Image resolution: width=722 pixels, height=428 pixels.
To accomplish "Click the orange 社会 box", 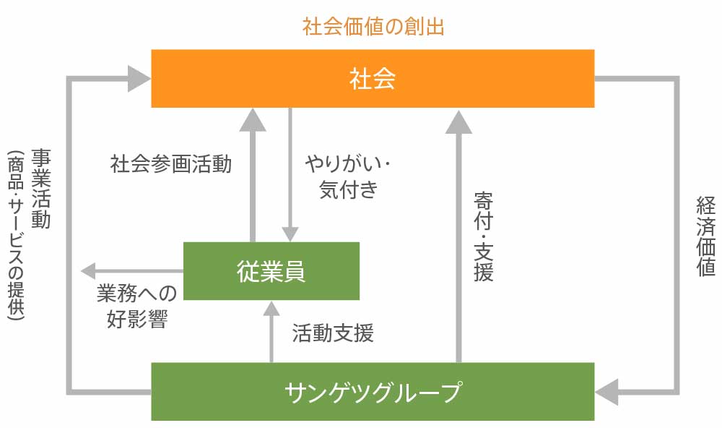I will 372,78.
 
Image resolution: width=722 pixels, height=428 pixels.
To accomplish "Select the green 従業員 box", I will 271,271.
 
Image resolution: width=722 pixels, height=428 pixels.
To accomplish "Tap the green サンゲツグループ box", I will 372,391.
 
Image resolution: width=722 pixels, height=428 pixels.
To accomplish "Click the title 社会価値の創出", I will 373,27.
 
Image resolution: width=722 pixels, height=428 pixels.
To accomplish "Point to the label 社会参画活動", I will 171,164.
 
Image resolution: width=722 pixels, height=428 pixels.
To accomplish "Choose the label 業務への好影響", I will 136,306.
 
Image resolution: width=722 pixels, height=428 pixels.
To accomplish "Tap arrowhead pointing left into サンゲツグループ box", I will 608,391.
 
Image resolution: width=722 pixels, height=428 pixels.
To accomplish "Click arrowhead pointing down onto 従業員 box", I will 290,233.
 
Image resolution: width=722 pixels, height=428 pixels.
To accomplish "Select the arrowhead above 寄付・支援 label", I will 458,121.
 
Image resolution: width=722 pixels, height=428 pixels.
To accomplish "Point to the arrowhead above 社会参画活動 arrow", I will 253,119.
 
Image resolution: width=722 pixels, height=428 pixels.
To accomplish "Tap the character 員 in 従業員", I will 294,271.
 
